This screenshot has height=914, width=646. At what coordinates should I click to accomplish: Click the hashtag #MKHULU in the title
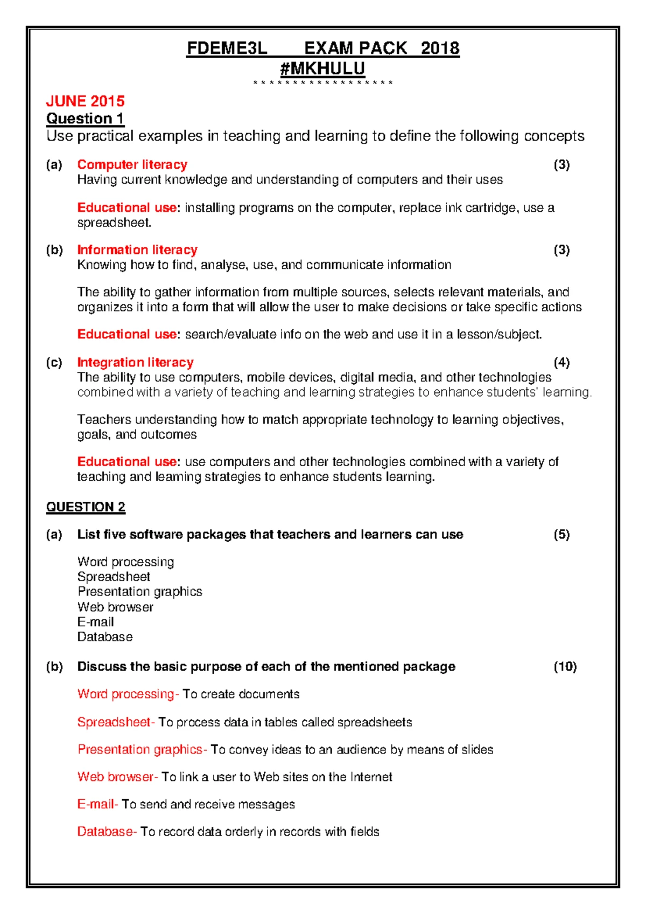click(322, 68)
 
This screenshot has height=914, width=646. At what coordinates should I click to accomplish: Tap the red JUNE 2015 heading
click(85, 101)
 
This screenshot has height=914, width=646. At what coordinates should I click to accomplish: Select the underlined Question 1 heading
click(85, 118)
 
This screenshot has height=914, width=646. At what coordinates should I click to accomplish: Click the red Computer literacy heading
click(132, 164)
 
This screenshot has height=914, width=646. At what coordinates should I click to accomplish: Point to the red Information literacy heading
click(137, 250)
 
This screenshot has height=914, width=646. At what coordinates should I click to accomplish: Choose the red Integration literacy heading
click(135, 362)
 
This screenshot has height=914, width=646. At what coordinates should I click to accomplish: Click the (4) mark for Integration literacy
click(561, 362)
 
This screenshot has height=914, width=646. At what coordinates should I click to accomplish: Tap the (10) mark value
click(565, 667)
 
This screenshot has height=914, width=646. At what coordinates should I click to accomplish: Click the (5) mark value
click(561, 535)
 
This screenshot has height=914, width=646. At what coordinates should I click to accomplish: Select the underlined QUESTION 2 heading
click(86, 507)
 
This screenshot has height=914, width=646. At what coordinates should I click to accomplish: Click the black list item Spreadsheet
click(114, 577)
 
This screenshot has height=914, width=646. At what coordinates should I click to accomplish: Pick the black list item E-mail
click(95, 622)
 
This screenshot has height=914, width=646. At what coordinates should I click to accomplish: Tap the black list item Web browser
click(115, 607)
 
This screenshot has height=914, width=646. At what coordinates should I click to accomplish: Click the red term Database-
click(107, 832)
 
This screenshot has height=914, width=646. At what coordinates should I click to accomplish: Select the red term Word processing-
click(128, 694)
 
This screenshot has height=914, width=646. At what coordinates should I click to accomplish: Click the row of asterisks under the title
click(322, 83)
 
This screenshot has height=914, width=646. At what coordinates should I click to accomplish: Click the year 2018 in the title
click(440, 49)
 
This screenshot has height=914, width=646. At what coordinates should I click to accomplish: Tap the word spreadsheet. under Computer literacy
click(114, 223)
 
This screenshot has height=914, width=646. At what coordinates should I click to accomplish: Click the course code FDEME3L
click(227, 49)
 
